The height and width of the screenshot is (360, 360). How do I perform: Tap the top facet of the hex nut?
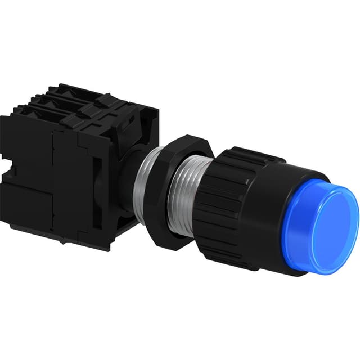click(186, 141)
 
